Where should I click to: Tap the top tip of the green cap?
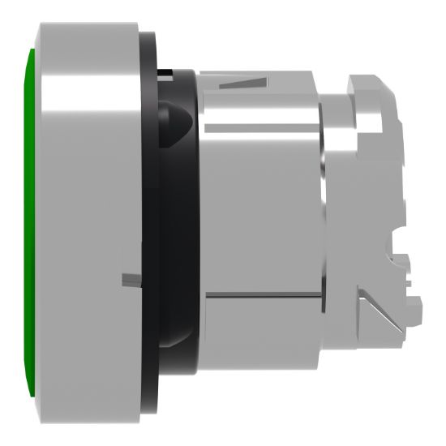32,50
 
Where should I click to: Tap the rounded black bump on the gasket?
177,118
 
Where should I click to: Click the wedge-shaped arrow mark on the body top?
243,81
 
